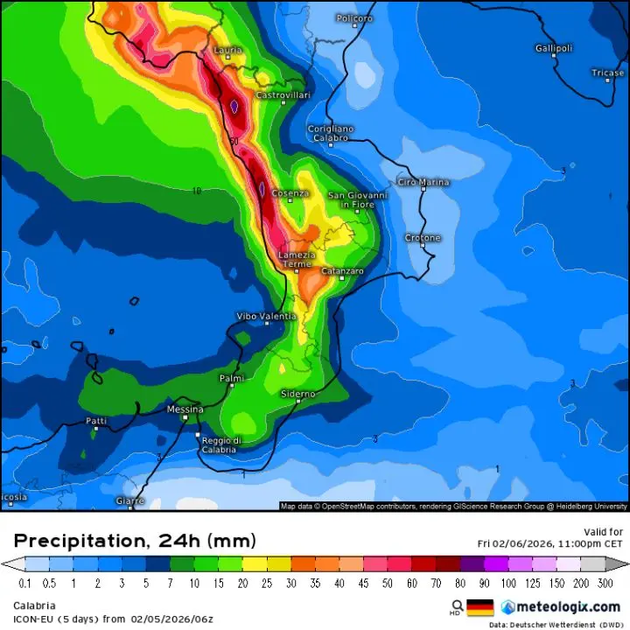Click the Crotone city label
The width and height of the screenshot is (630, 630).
[x=423, y=238]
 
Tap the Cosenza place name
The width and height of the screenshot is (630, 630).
[x=290, y=193]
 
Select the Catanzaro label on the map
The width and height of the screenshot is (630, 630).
[x=342, y=272]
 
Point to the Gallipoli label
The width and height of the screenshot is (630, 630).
[x=554, y=48]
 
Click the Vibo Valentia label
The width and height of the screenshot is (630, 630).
[x=267, y=316]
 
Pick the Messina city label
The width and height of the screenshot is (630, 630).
[x=185, y=409]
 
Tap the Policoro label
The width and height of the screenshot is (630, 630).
[x=354, y=18]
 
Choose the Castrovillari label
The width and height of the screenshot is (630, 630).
[x=283, y=94]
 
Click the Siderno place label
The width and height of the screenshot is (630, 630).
[x=297, y=395]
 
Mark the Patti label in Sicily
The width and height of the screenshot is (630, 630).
[x=96, y=421]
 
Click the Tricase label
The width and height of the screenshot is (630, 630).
[x=607, y=73]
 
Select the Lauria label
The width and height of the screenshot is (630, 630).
[x=227, y=51]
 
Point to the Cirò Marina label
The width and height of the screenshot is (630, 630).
[x=423, y=183]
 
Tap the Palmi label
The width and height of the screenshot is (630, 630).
[x=231, y=378]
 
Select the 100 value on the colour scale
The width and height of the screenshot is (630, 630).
[x=508, y=582]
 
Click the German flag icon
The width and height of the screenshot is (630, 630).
[x=480, y=606]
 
